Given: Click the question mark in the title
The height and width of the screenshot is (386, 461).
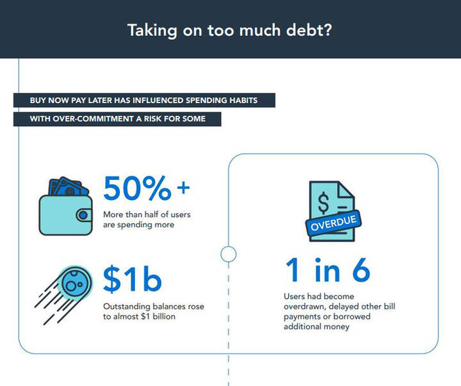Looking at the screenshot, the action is pos(327,29).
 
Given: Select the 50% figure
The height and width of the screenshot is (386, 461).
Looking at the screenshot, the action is pos(137,188).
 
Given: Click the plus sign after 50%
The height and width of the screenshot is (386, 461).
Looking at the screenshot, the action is pos(184,188).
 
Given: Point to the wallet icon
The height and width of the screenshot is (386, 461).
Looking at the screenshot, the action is pos(66,206).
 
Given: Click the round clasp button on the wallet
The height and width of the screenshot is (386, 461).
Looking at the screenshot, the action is pos(83,215).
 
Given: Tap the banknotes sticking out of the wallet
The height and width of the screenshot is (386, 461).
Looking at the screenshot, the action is pos(69,187).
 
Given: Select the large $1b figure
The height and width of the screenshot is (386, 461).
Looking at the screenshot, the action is pos(133,278).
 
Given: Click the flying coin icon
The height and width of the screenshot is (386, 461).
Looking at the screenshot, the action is pos(64,294).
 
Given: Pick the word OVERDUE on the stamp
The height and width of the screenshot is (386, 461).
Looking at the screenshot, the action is pos(334,223).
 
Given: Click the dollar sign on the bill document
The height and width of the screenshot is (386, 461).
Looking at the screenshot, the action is pos(323,202).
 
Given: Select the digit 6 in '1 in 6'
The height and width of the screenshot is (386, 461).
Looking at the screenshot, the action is pos(361,270).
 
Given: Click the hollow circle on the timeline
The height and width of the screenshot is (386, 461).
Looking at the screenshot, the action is pos(229,254).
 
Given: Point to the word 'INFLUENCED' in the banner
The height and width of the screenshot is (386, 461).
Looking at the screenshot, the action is pos(158,101).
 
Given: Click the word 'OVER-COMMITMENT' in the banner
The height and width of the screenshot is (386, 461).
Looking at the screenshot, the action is pos(93,119).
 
